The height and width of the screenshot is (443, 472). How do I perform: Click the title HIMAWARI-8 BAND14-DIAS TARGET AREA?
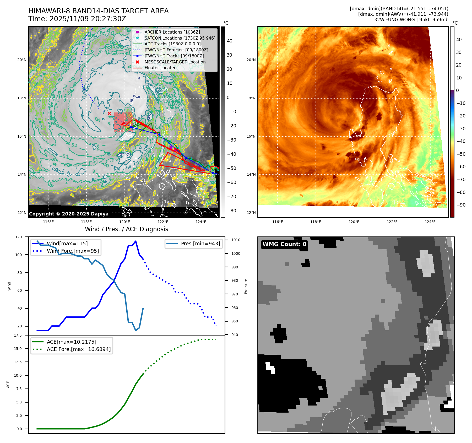(x=98, y=11)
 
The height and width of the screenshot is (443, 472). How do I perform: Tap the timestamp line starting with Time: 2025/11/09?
(x=77, y=19)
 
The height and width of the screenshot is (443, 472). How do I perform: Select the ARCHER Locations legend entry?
(x=172, y=32)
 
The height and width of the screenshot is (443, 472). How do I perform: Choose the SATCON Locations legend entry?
(x=180, y=38)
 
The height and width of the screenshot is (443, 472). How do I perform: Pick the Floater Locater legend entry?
(x=160, y=68)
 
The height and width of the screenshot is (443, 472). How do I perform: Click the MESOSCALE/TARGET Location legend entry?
(x=175, y=62)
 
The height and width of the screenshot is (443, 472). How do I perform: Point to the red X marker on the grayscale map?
(x=109, y=114)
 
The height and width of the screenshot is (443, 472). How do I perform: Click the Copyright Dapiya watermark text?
(x=69, y=214)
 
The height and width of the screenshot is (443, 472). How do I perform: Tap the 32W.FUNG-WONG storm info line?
(x=411, y=20)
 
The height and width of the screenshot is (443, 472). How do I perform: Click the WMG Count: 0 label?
(x=284, y=244)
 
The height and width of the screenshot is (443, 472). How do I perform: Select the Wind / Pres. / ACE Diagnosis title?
(x=126, y=229)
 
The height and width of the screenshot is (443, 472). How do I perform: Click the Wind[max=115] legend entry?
(x=67, y=244)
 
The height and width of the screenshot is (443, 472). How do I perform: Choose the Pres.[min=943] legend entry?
(x=200, y=244)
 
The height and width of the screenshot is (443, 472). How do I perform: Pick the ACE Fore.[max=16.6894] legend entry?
(x=79, y=349)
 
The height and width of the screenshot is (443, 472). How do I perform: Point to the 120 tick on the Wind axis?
(x=19, y=237)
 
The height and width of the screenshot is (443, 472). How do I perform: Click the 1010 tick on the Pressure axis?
(x=236, y=240)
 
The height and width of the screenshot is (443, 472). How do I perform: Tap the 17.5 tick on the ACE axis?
(x=18, y=335)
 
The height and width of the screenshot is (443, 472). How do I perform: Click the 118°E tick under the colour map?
(x=316, y=222)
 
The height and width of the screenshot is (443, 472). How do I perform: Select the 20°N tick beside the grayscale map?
(x=22, y=60)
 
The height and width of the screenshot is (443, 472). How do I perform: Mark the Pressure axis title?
(x=246, y=286)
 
